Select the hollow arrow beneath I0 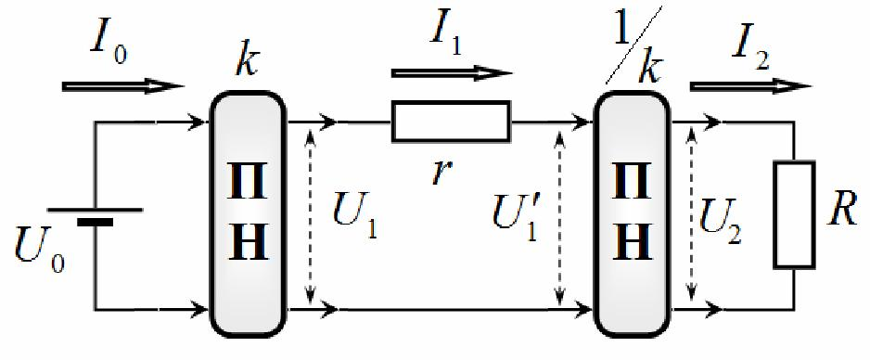coord(123,86)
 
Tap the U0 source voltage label coord(40,251)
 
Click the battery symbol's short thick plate coord(95,223)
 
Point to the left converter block coord(248,213)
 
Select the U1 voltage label coord(354,217)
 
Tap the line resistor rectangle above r coord(451,121)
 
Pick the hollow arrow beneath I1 coord(452,73)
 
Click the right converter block coord(632,213)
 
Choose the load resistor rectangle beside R coord(795,214)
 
